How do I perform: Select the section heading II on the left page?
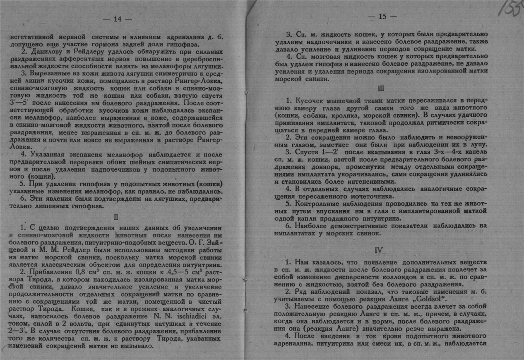pyautogui.click(x=116, y=216)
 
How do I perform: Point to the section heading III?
pyautogui.click(x=381, y=88)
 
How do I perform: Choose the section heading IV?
pyautogui.click(x=382, y=250)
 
